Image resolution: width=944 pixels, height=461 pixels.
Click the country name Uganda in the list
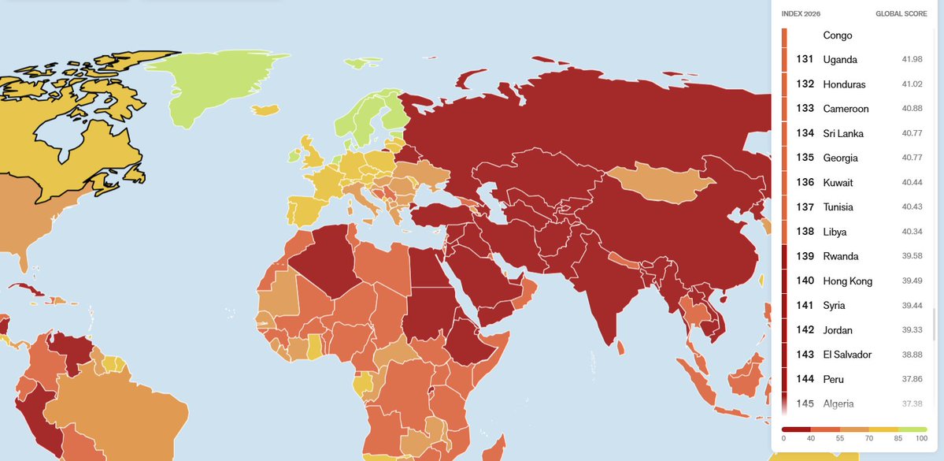pyautogui.click(x=840, y=60)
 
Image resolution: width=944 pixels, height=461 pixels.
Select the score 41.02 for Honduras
pyautogui.click(x=912, y=84)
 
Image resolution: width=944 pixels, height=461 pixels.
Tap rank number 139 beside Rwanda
pyautogui.click(x=805, y=256)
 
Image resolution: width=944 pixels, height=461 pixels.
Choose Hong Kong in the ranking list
pyautogui.click(x=847, y=281)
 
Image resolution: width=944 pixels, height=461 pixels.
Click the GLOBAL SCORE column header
pyautogui.click(x=901, y=14)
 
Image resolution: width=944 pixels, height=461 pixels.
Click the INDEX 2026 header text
pyautogui.click(x=801, y=14)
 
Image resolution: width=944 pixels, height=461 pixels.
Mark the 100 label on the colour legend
pyautogui.click(x=921, y=438)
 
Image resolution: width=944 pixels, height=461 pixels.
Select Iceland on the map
pyautogui.click(x=267, y=110)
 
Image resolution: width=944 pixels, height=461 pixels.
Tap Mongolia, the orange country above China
pyautogui.click(x=657, y=186)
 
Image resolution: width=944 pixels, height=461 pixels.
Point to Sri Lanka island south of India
pyautogui.click(x=621, y=347)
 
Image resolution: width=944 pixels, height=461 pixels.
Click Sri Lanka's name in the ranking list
pyautogui.click(x=843, y=133)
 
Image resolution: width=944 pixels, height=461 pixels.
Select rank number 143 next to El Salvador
pyautogui.click(x=805, y=355)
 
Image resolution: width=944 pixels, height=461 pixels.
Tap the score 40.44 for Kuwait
pyautogui.click(x=912, y=183)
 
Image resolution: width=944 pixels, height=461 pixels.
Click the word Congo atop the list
pyautogui.click(x=837, y=35)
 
